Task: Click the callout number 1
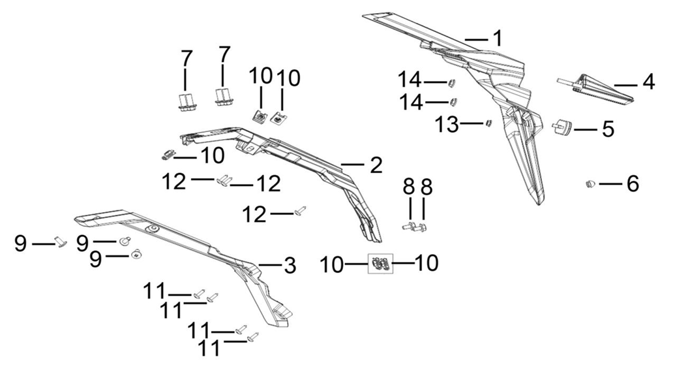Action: coord(498,39)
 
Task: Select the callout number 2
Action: coord(376,165)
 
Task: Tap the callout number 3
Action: coord(289,265)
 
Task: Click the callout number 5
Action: coord(608,129)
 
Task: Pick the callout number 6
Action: coord(633,184)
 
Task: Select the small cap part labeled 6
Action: coord(591,184)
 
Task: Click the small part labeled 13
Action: coord(487,123)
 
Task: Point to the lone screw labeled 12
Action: coord(302,210)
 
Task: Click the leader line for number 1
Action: coord(476,39)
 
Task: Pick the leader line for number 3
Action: coord(269,265)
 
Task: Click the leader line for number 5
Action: coord(585,129)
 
